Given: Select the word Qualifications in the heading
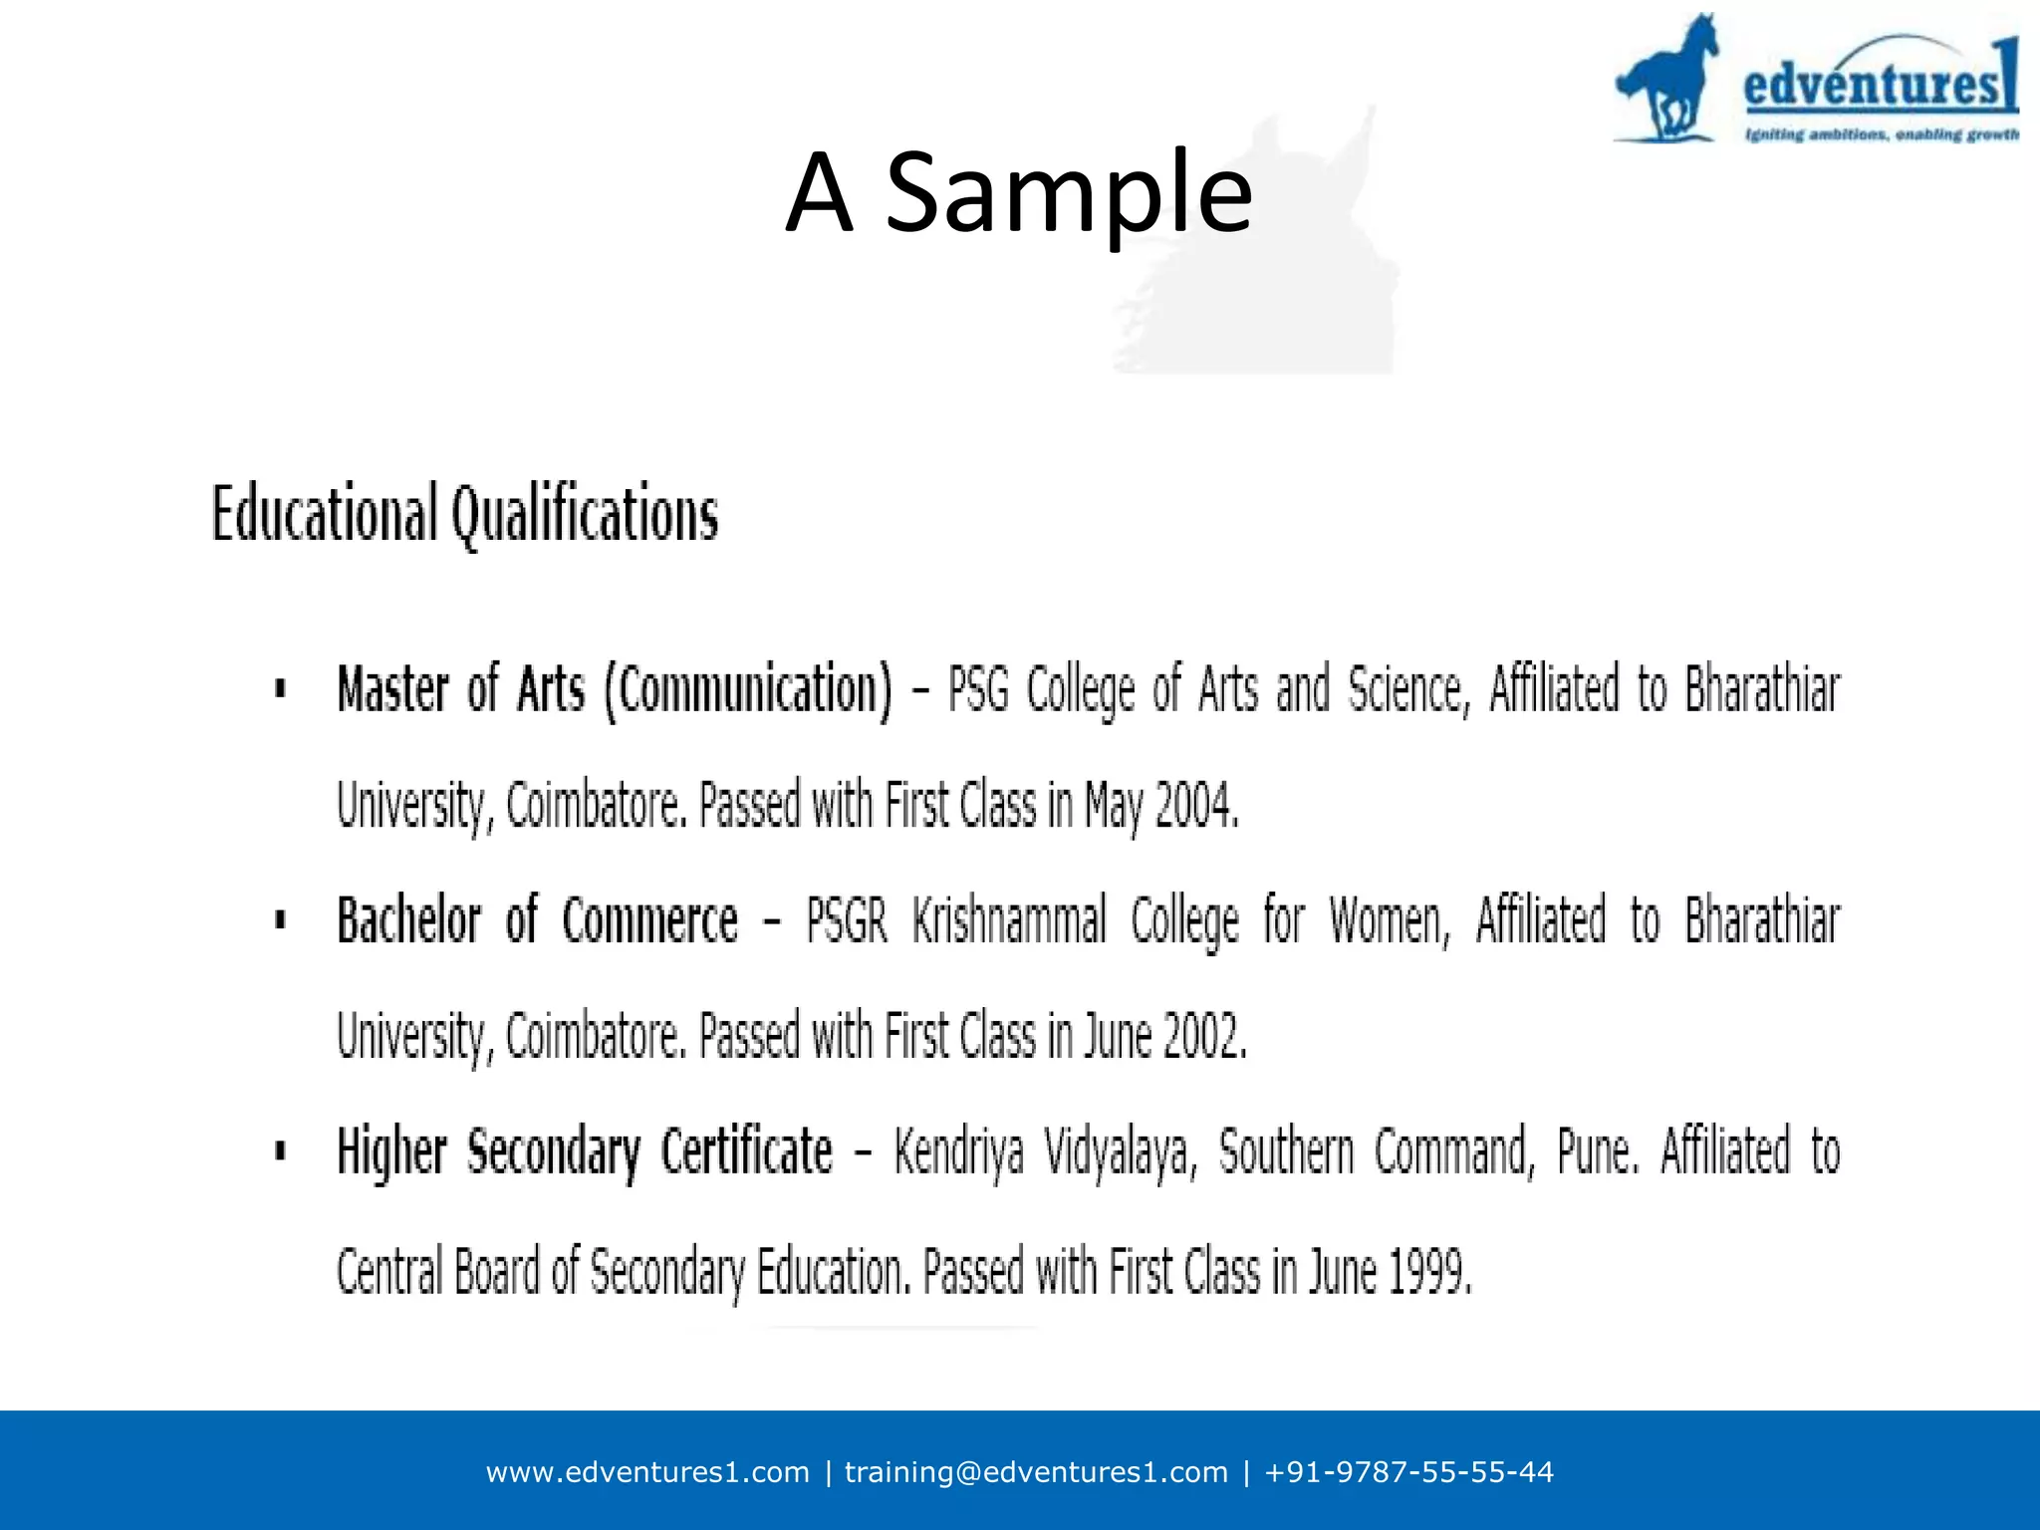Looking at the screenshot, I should pos(585,514).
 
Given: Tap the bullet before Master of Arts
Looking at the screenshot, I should pos(281,688).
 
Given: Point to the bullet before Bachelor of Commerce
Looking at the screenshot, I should pos(281,919).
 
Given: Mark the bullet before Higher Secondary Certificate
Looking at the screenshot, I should pos(281,1151).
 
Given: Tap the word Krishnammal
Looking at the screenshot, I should pos(1009,920).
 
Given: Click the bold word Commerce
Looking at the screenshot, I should pos(650,920).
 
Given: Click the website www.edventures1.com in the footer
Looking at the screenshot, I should pos(647,1472).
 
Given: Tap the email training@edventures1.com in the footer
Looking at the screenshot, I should pos(1036,1472).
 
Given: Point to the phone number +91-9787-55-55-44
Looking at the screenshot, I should pos(1408,1472).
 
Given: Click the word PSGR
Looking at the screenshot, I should pos(847,920).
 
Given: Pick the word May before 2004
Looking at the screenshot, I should pos(1114,807).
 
